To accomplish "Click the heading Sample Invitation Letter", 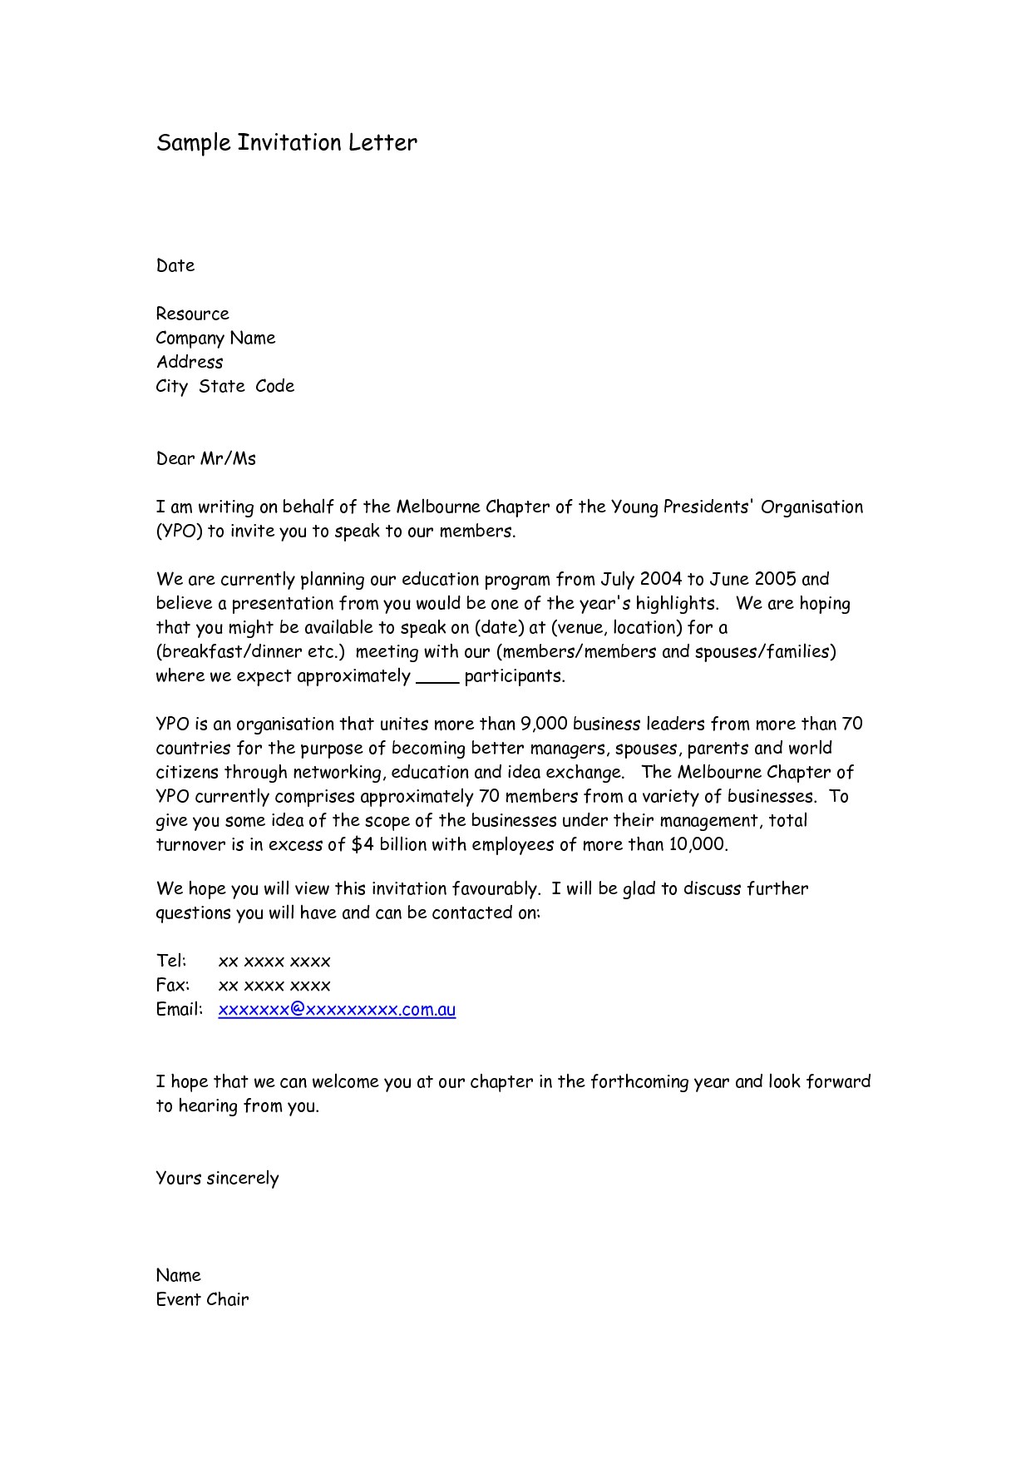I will point(286,143).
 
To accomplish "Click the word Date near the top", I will point(175,266).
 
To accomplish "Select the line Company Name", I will point(215,339).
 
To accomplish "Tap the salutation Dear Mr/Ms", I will point(206,459).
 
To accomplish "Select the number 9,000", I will point(544,725).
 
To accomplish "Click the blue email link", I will point(337,1010).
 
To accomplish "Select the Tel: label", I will point(171,962).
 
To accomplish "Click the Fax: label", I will point(173,986).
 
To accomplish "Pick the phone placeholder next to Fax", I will point(274,986).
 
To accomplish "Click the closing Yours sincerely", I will point(217,1179).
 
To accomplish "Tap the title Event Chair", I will point(202,1300).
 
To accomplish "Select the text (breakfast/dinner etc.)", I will point(249,652).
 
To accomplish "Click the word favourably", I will point(496,889).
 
